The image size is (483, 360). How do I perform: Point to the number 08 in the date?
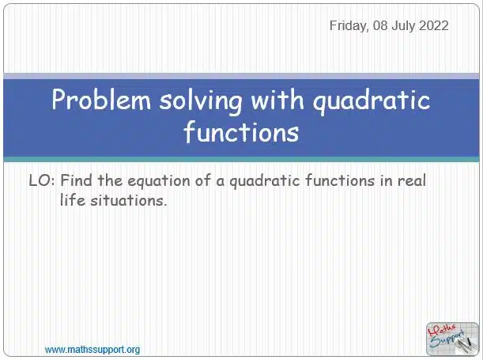coord(380,25)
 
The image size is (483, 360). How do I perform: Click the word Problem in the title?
coord(101,100)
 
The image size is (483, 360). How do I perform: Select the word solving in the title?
coord(201,101)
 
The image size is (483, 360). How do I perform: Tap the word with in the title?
coord(277,99)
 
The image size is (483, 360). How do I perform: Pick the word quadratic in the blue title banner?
coord(372,101)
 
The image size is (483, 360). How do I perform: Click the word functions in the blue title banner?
coord(241,131)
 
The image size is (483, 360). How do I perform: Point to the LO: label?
coord(42,180)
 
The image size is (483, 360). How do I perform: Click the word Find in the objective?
coord(76,180)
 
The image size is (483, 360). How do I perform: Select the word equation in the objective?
coord(159,181)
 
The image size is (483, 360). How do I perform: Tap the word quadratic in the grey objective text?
coord(265,181)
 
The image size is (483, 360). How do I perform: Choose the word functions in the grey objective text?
coord(340,180)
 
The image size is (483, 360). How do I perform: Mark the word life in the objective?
coord(72,200)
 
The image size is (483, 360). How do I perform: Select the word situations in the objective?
coord(128,201)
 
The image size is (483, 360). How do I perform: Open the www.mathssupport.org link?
coord(92,350)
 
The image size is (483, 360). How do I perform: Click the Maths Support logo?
coord(452,339)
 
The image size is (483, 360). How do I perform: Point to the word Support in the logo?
coord(447,339)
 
